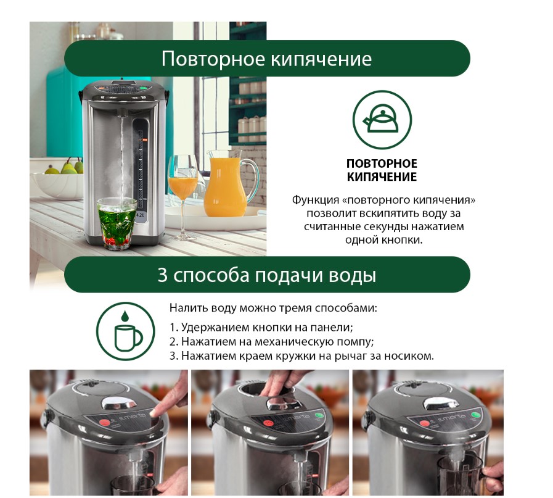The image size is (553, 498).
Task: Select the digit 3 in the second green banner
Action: click(163, 275)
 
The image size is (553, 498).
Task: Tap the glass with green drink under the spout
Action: click(117, 223)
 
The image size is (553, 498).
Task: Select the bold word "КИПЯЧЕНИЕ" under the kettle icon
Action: click(382, 176)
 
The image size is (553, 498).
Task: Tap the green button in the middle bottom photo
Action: click(319, 416)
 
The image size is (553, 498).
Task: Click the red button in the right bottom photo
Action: click(424, 423)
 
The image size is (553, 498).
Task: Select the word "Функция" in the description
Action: click(315, 200)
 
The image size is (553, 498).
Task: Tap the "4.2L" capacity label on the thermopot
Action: click(141, 215)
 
